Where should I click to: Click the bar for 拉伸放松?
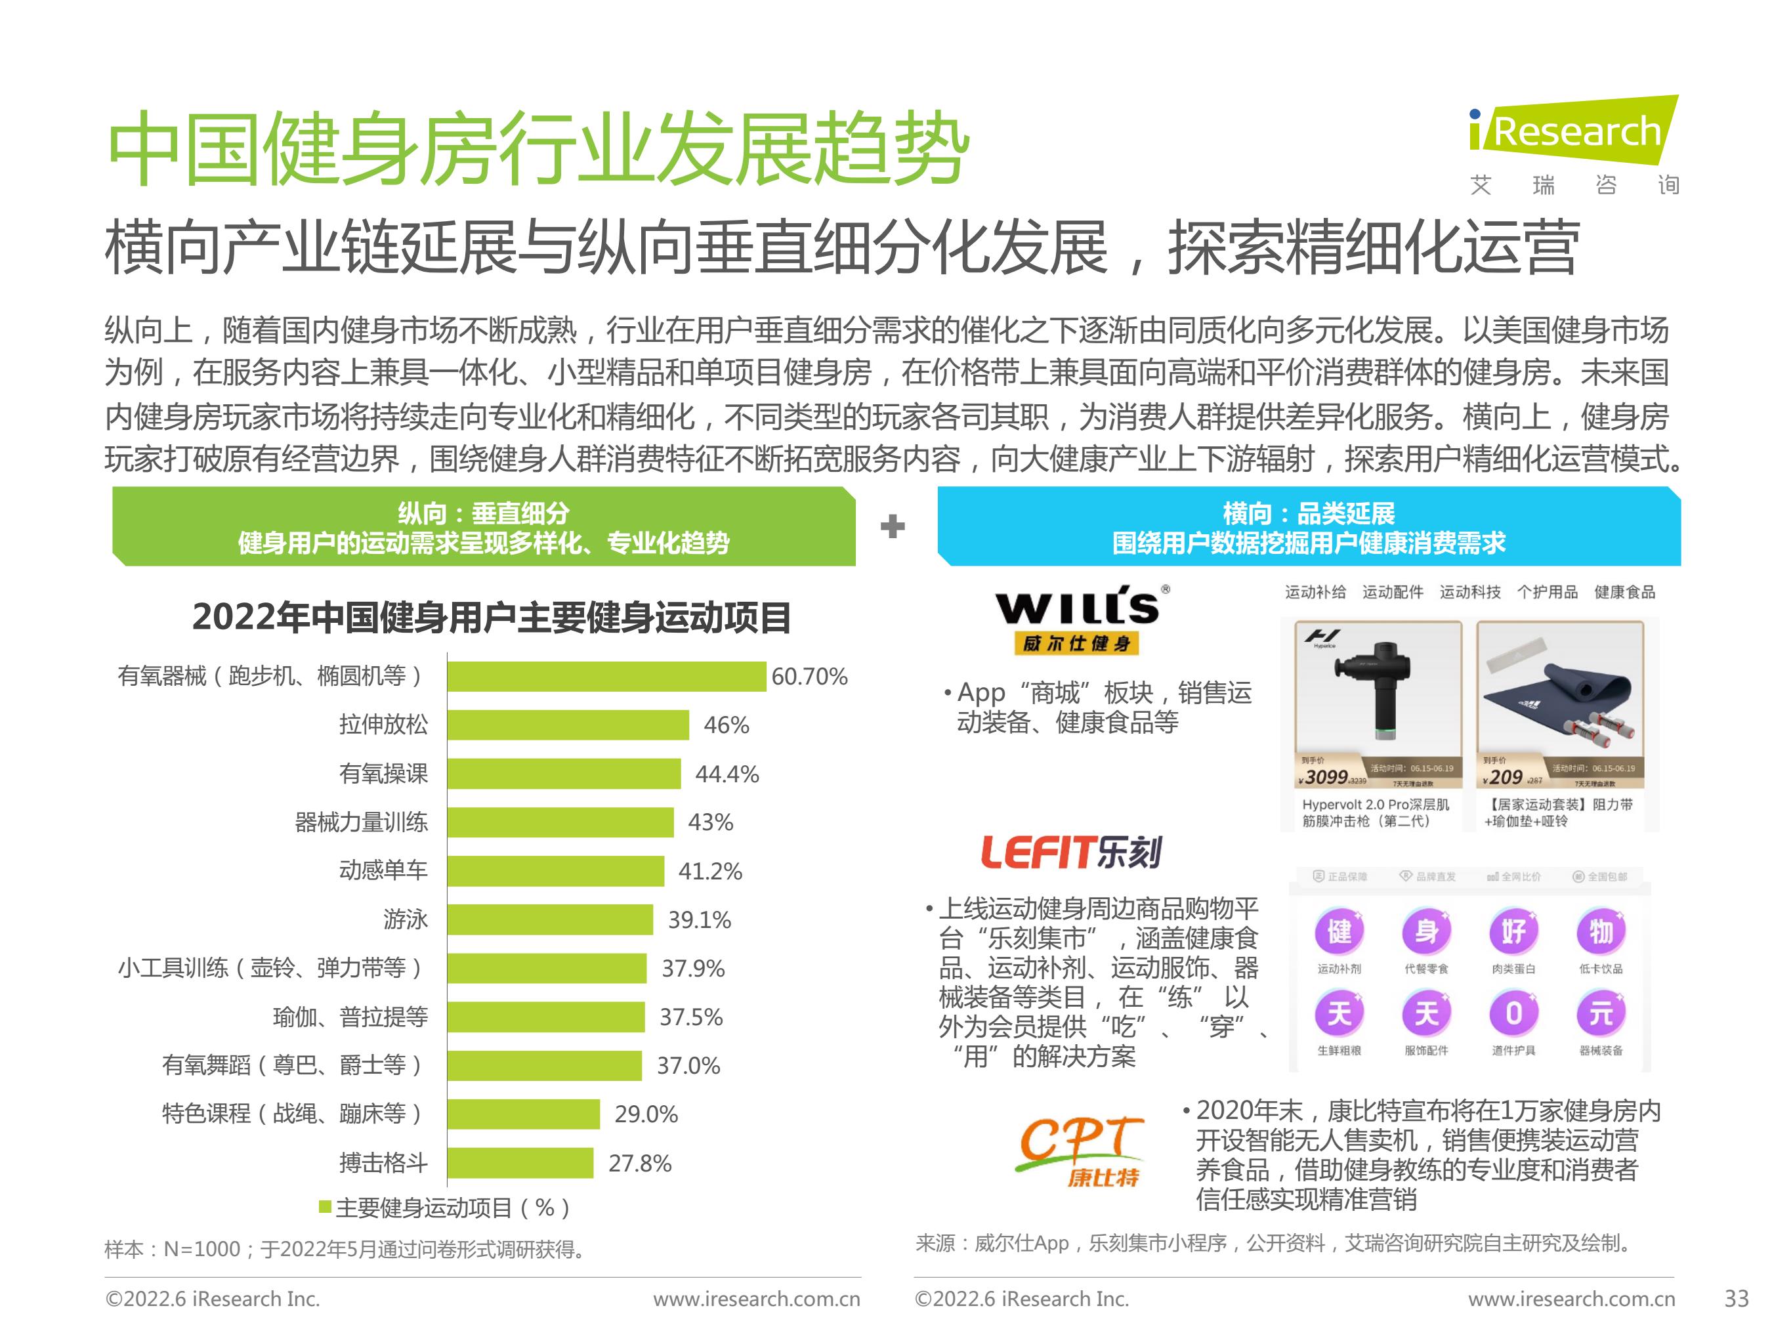(567, 725)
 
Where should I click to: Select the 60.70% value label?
(809, 677)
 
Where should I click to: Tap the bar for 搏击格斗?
(520, 1163)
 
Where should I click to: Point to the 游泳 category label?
(406, 919)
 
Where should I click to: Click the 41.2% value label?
(709, 871)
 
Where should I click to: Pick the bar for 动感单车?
(555, 871)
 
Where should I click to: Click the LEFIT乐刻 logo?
(1071, 853)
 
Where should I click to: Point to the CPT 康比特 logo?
(1079, 1150)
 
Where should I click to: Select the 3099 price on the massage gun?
(1326, 777)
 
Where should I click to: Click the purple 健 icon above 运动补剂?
(1339, 932)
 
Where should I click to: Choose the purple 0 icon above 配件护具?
(1513, 1013)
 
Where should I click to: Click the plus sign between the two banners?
(893, 526)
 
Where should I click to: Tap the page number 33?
(1736, 1299)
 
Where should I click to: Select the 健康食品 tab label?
(1624, 592)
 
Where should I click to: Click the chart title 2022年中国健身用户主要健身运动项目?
(491, 618)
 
